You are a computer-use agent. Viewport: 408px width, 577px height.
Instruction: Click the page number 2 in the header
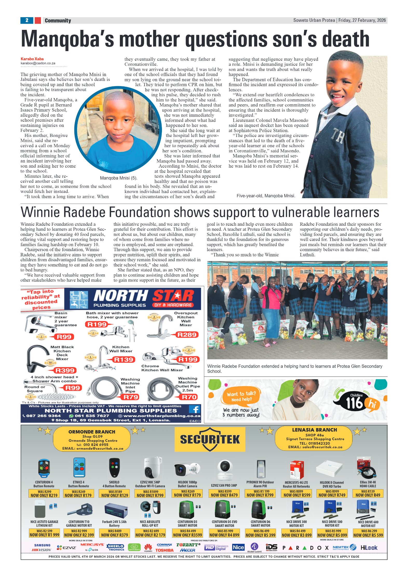tap(27, 20)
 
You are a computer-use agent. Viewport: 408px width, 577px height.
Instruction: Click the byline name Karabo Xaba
tap(32, 59)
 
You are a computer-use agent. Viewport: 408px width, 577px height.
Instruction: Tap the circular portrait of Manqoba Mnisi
tap(118, 130)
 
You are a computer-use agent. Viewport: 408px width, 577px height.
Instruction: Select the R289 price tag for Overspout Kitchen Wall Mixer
tap(187, 335)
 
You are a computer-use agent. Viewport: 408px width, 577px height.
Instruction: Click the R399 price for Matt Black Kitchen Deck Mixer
tap(65, 370)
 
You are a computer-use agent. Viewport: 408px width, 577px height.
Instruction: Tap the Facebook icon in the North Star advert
tap(194, 409)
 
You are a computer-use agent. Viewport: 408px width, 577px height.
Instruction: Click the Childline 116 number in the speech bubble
tap(355, 403)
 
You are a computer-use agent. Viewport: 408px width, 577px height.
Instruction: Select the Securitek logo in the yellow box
tap(210, 439)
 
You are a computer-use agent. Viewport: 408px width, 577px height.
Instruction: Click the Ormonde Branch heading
tap(92, 432)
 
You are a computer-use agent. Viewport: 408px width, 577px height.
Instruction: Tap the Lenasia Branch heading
tap(314, 430)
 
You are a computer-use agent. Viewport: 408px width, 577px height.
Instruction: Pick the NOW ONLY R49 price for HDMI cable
tap(368, 495)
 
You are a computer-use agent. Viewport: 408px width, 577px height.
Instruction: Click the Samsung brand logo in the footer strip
tap(42, 545)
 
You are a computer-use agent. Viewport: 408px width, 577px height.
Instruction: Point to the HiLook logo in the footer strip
tap(369, 547)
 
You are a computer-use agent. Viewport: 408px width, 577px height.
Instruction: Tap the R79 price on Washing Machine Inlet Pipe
tap(131, 397)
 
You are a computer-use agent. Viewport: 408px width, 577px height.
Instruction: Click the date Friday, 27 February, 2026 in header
tap(362, 20)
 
